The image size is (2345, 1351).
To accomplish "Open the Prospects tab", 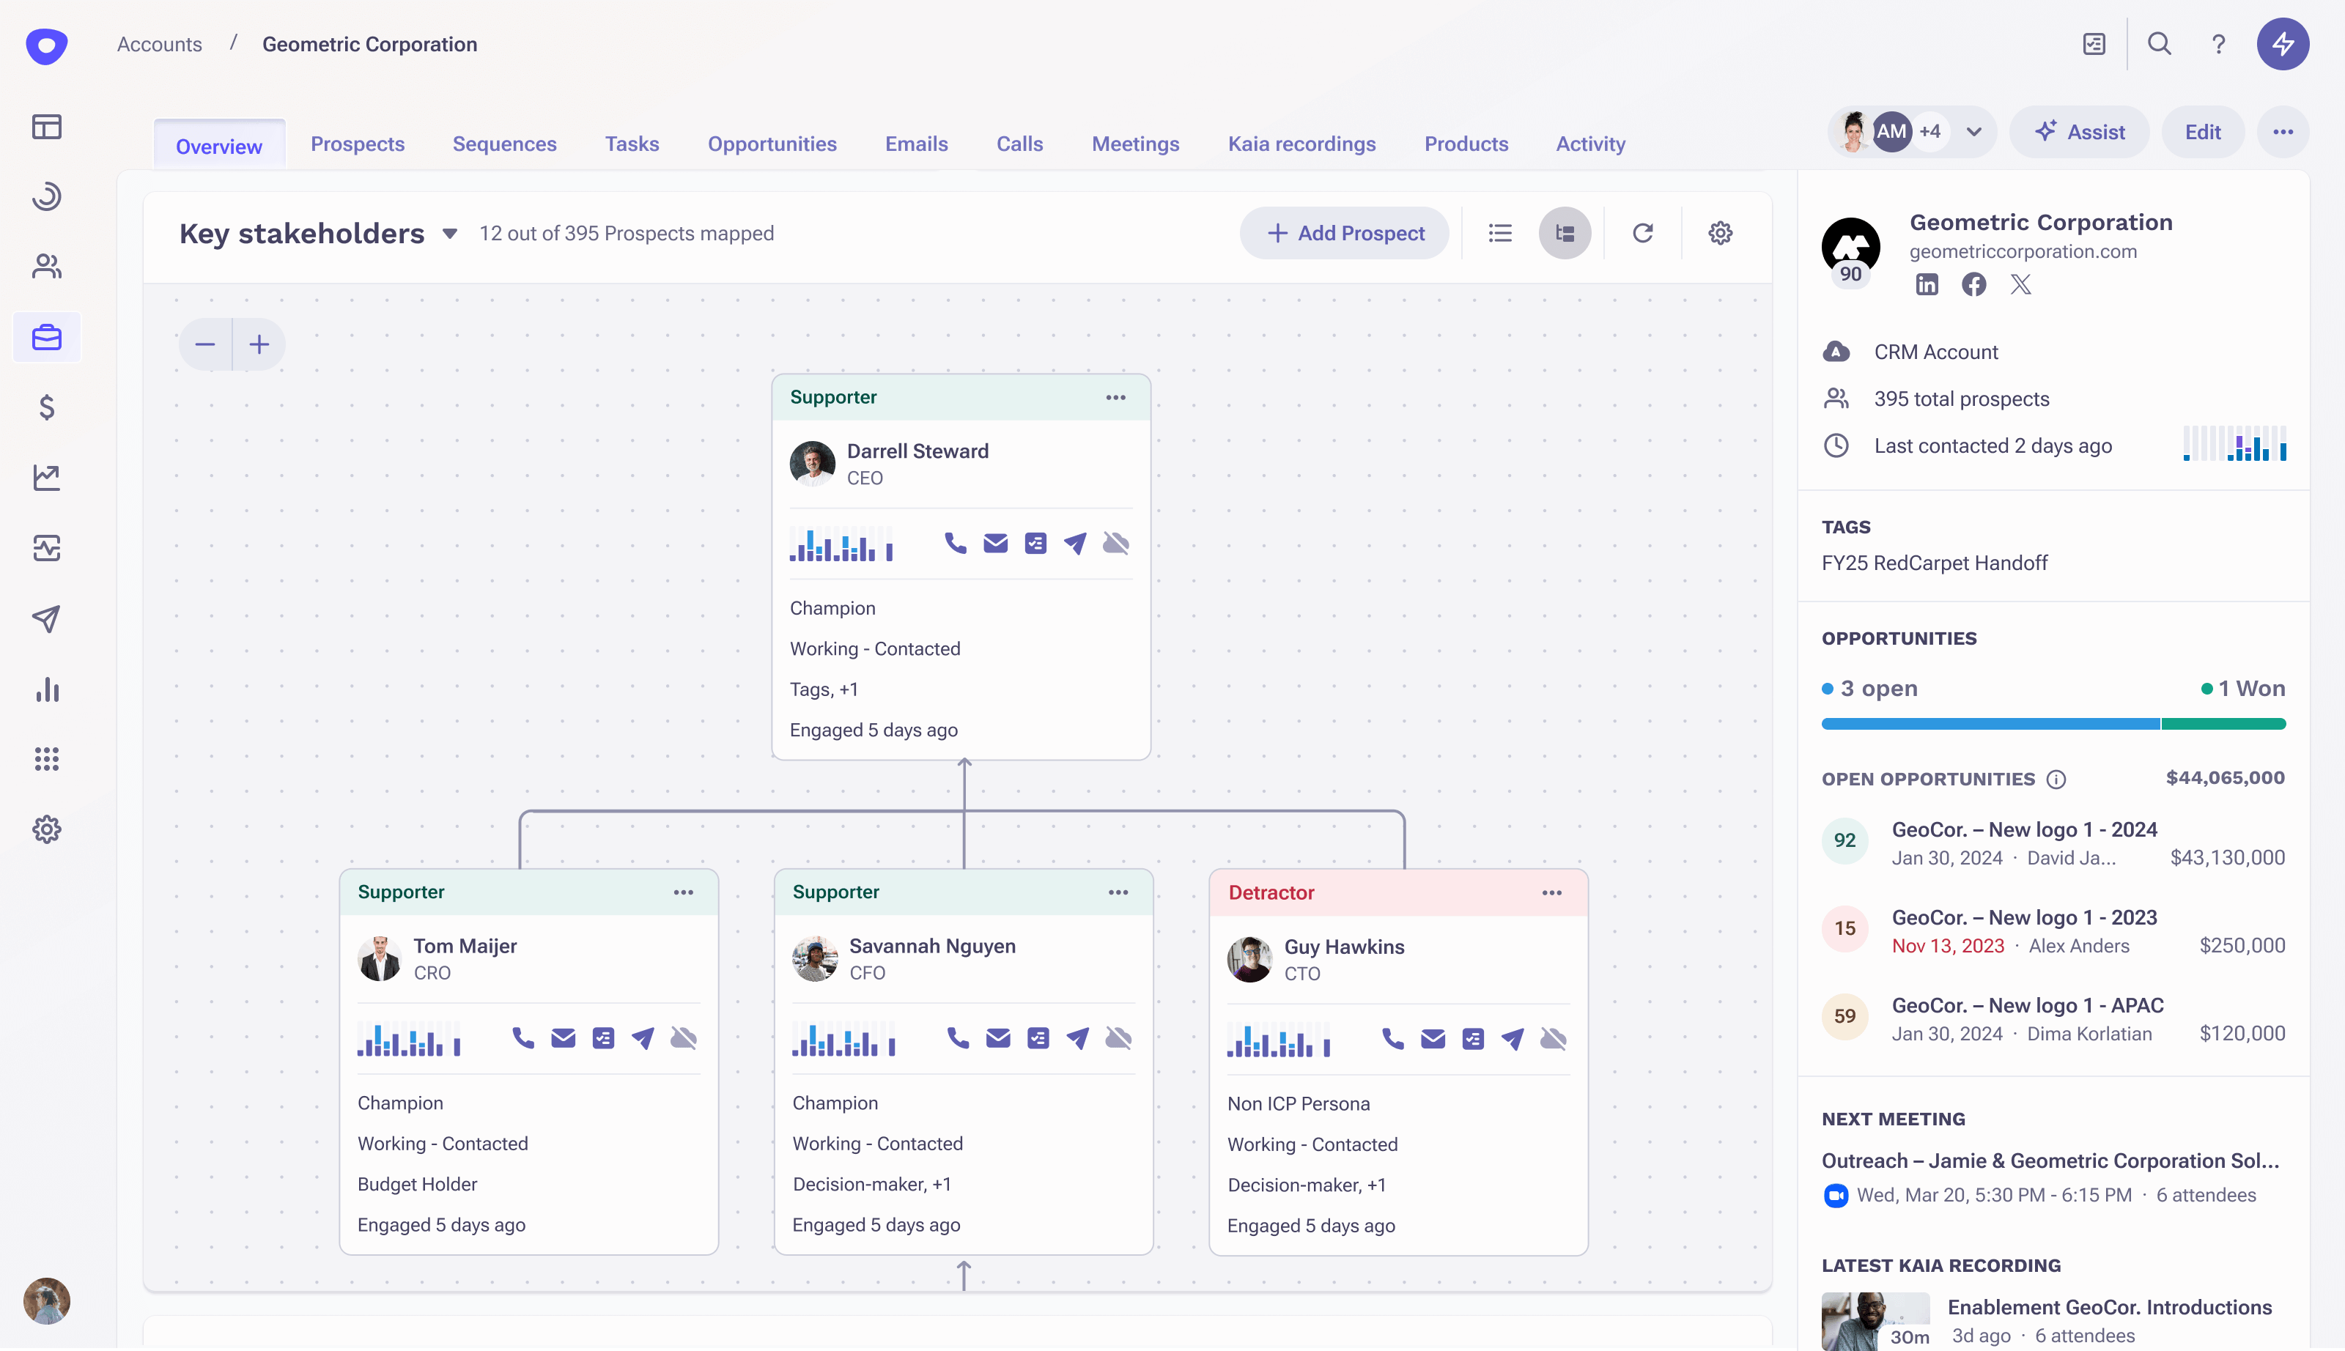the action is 358,144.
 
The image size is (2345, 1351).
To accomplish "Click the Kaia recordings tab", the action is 1301,144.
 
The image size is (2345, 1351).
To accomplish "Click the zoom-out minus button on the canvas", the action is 205,345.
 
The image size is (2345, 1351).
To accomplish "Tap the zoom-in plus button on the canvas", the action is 259,345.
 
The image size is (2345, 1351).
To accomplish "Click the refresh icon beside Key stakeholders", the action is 1642,233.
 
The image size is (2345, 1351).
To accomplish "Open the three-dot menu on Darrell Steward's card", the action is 1115,397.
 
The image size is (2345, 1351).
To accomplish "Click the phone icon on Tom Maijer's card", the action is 523,1037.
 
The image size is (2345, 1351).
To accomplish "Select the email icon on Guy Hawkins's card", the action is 1433,1038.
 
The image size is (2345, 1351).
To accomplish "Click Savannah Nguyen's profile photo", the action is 815,958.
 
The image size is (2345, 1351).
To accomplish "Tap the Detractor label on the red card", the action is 1271,892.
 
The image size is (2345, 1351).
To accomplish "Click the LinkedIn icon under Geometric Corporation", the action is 1927,285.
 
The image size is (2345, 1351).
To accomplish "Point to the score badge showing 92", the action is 1844,840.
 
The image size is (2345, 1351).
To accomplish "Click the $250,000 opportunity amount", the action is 2242,946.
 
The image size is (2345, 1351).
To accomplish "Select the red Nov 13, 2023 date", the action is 1948,946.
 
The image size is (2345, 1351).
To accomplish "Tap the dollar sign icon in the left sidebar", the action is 46,407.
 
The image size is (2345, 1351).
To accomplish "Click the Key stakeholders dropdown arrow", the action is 450,234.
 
